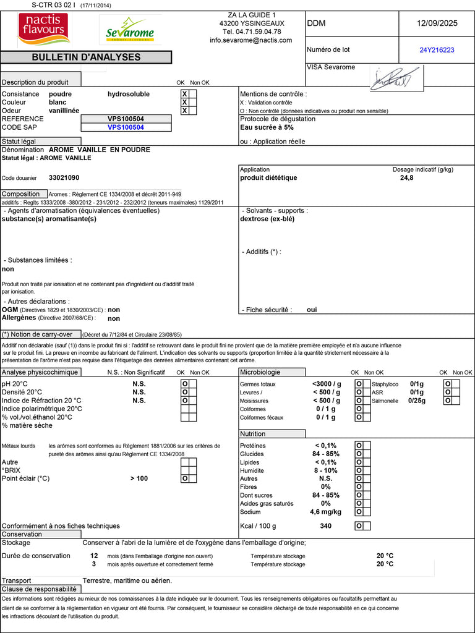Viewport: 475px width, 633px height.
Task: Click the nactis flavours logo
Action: pyautogui.click(x=44, y=29)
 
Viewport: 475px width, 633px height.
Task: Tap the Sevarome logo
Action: pyautogui.click(x=130, y=30)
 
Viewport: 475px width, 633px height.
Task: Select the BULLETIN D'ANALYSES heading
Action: pyautogui.click(x=86, y=57)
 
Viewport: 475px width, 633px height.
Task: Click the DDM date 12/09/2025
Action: pyautogui.click(x=437, y=23)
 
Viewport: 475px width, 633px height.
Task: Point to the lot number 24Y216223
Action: pyautogui.click(x=437, y=50)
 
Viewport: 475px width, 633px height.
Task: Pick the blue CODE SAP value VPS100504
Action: pyautogui.click(x=126, y=127)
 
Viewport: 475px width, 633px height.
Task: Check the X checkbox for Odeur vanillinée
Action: pyautogui.click(x=184, y=111)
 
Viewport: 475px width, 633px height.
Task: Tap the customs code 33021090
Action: pyautogui.click(x=64, y=177)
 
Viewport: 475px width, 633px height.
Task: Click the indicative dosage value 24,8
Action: pyautogui.click(x=407, y=177)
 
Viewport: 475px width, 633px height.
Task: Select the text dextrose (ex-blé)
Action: pyautogui.click(x=267, y=218)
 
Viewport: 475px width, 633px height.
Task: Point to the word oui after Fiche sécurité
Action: pyautogui.click(x=312, y=310)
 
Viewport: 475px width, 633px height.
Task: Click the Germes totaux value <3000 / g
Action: pyautogui.click(x=327, y=384)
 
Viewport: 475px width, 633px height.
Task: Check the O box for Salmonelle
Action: pyautogui.click(x=448, y=400)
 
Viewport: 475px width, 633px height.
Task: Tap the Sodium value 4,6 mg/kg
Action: pyautogui.click(x=325, y=512)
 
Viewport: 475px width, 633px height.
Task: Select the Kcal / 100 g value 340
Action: pyautogui.click(x=326, y=526)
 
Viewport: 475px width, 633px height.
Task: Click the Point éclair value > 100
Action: pyautogui.click(x=139, y=478)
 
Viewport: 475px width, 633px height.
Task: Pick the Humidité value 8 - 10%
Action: pyautogui.click(x=326, y=470)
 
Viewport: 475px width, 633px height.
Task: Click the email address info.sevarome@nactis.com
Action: pyautogui.click(x=250, y=40)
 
